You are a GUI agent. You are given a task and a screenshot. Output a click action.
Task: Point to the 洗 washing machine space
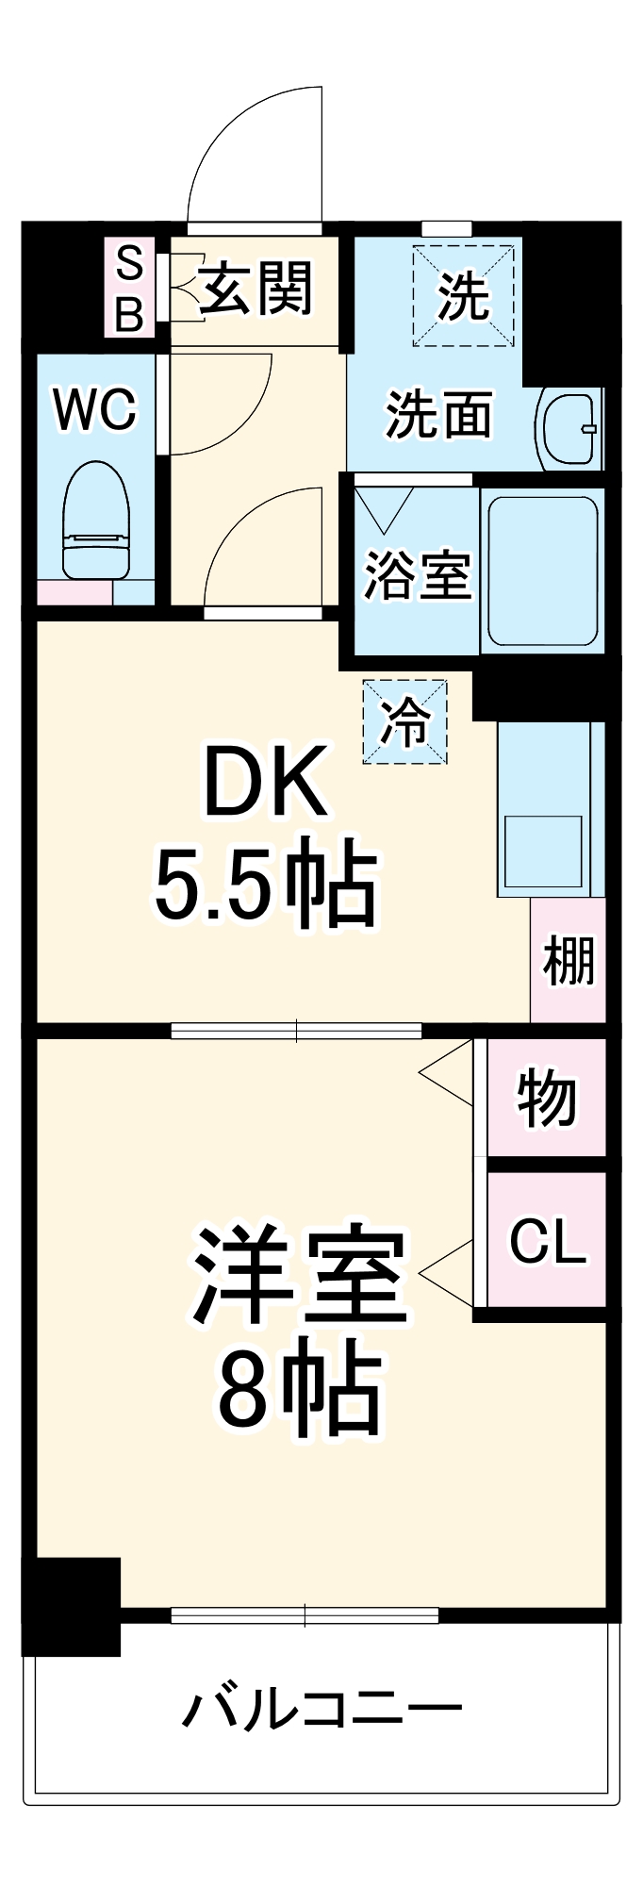coord(463,295)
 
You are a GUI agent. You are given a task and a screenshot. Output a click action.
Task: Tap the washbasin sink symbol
coord(569,429)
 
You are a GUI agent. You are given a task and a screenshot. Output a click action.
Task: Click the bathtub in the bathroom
coord(542,571)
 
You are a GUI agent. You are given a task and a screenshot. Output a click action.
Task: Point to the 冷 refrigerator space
coord(404,721)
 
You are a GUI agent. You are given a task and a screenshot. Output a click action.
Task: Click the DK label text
coord(267,782)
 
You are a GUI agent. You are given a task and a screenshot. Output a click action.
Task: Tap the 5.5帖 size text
coord(266,885)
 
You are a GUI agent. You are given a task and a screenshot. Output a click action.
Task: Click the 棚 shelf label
coord(569,962)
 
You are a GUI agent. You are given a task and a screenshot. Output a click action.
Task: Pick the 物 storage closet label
coord(547,1099)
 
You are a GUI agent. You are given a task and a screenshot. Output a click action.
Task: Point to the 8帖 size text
coord(300,1389)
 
